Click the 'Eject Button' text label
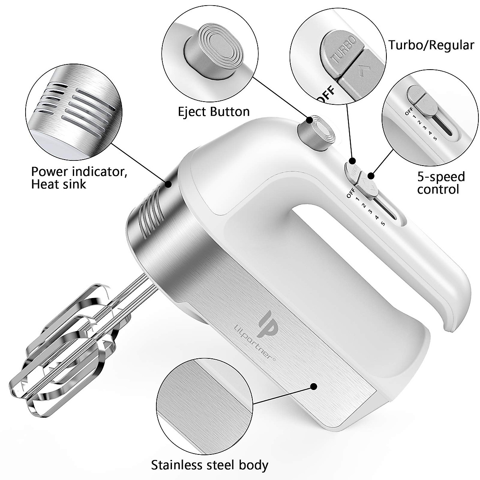tap(214, 111)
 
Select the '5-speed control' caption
tap(441, 182)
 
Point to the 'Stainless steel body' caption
tap(210, 465)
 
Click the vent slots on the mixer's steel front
tap(149, 210)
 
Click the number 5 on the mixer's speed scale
tap(383, 223)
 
